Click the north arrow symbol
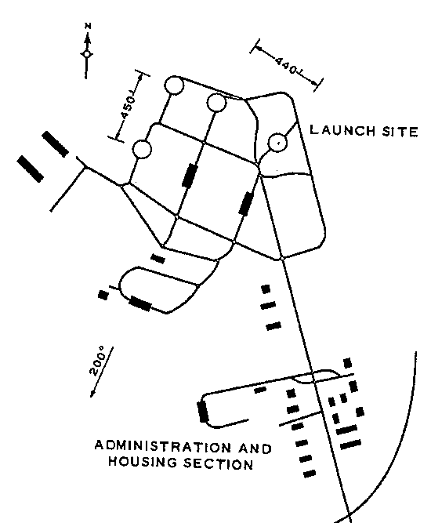coord(87,53)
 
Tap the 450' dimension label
coord(129,107)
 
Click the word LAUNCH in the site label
coord(342,130)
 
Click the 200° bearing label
coord(97,361)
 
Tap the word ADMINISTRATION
coord(163,447)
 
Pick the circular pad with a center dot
coord(277,143)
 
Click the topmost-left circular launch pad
coord(174,85)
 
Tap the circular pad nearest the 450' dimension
coord(142,149)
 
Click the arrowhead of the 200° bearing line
coord(92,394)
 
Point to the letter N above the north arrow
coord(88,26)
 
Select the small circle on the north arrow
coord(87,54)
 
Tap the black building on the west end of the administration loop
coord(203,412)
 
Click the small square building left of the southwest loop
coord(103,295)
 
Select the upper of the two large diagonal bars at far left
coord(55,143)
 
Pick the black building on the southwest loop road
coord(140,303)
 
